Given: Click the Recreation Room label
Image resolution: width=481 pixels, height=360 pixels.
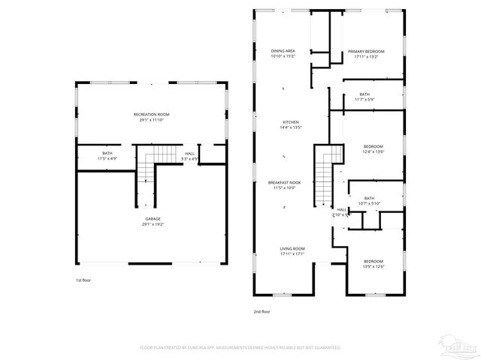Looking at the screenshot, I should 151,114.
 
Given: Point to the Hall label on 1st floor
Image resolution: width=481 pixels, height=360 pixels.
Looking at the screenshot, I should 189,153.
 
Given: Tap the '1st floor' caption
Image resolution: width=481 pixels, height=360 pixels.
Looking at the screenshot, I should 84,280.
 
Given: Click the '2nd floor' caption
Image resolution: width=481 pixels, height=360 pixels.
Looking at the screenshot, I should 262,311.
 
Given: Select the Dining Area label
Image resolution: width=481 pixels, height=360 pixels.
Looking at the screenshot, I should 283,51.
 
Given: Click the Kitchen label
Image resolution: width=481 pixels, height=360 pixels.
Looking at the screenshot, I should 291,122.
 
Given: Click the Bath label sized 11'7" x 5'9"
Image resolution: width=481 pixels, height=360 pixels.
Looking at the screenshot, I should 365,94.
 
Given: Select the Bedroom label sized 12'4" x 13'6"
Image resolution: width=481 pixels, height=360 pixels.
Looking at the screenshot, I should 374,145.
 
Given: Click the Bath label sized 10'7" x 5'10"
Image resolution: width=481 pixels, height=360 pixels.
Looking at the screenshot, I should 369,198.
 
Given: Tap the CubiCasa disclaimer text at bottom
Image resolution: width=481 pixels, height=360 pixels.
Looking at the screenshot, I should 240,348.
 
